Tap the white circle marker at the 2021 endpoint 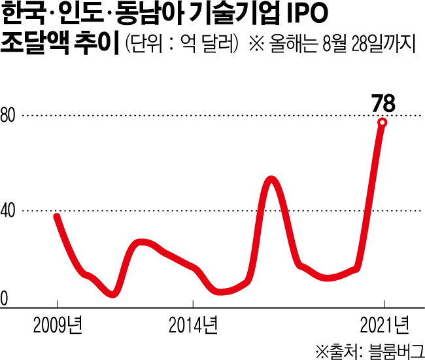pos(382,122)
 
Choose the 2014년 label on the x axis pos(193,323)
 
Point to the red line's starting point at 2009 pos(57,216)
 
